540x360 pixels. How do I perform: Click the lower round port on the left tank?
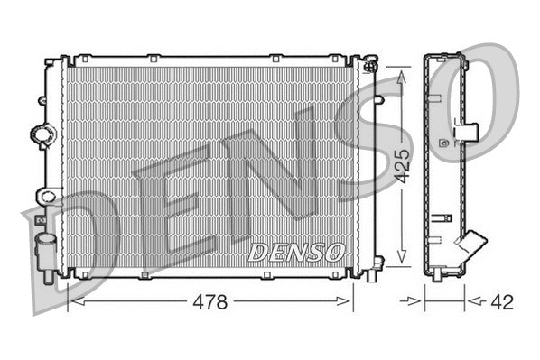(x=44, y=195)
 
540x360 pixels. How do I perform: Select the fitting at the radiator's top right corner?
(x=370, y=65)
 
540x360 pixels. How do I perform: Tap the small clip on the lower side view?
(x=442, y=217)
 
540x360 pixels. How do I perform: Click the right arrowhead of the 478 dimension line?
(x=347, y=303)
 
